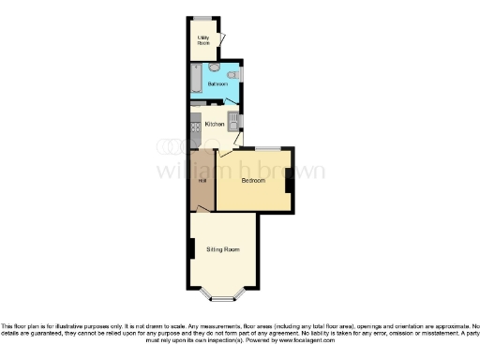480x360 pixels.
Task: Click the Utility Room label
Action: click(202, 40)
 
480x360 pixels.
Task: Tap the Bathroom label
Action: click(217, 84)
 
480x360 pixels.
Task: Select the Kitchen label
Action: click(214, 124)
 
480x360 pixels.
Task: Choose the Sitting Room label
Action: click(223, 249)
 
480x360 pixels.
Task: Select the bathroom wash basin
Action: click(234, 74)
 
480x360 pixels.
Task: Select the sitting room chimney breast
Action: click(191, 248)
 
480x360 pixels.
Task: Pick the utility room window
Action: click(203, 17)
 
